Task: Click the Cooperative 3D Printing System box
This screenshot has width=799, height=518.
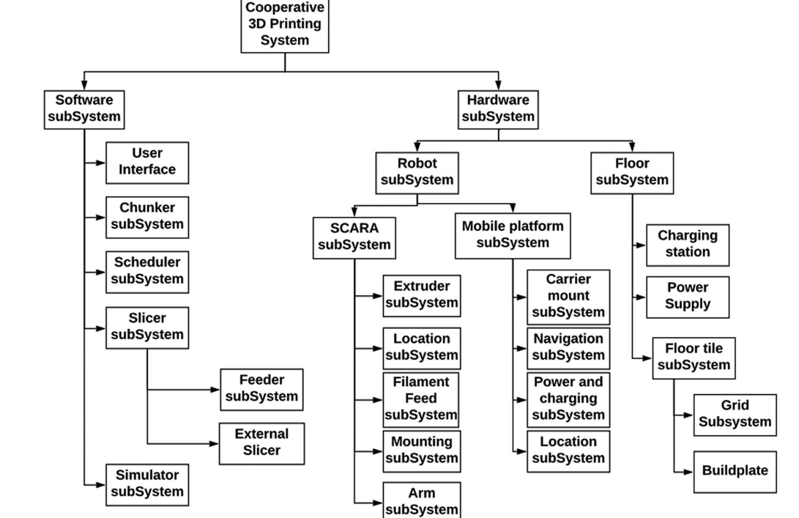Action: coord(285,25)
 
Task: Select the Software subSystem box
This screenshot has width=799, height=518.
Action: coord(84,109)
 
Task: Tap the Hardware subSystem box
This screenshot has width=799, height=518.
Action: coord(498,109)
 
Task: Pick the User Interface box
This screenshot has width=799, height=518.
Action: coord(147,162)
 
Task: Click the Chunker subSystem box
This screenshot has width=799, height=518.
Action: coord(147,217)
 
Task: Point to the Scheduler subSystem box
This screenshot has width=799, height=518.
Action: coord(147,271)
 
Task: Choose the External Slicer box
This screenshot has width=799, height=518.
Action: coord(261,443)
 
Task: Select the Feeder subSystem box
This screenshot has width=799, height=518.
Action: coord(261,389)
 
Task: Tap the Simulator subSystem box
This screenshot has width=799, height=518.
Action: coord(147,484)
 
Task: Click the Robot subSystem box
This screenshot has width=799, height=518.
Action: coord(417,172)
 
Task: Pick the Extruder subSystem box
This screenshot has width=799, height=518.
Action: coord(422,295)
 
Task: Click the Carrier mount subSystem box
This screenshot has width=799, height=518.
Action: coord(568,297)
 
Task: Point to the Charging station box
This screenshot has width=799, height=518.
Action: coord(688,245)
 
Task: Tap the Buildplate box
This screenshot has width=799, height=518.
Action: coord(735,471)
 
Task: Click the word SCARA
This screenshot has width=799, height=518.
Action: coord(354,228)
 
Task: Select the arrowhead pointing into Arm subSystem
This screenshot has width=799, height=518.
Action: coord(379,502)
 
